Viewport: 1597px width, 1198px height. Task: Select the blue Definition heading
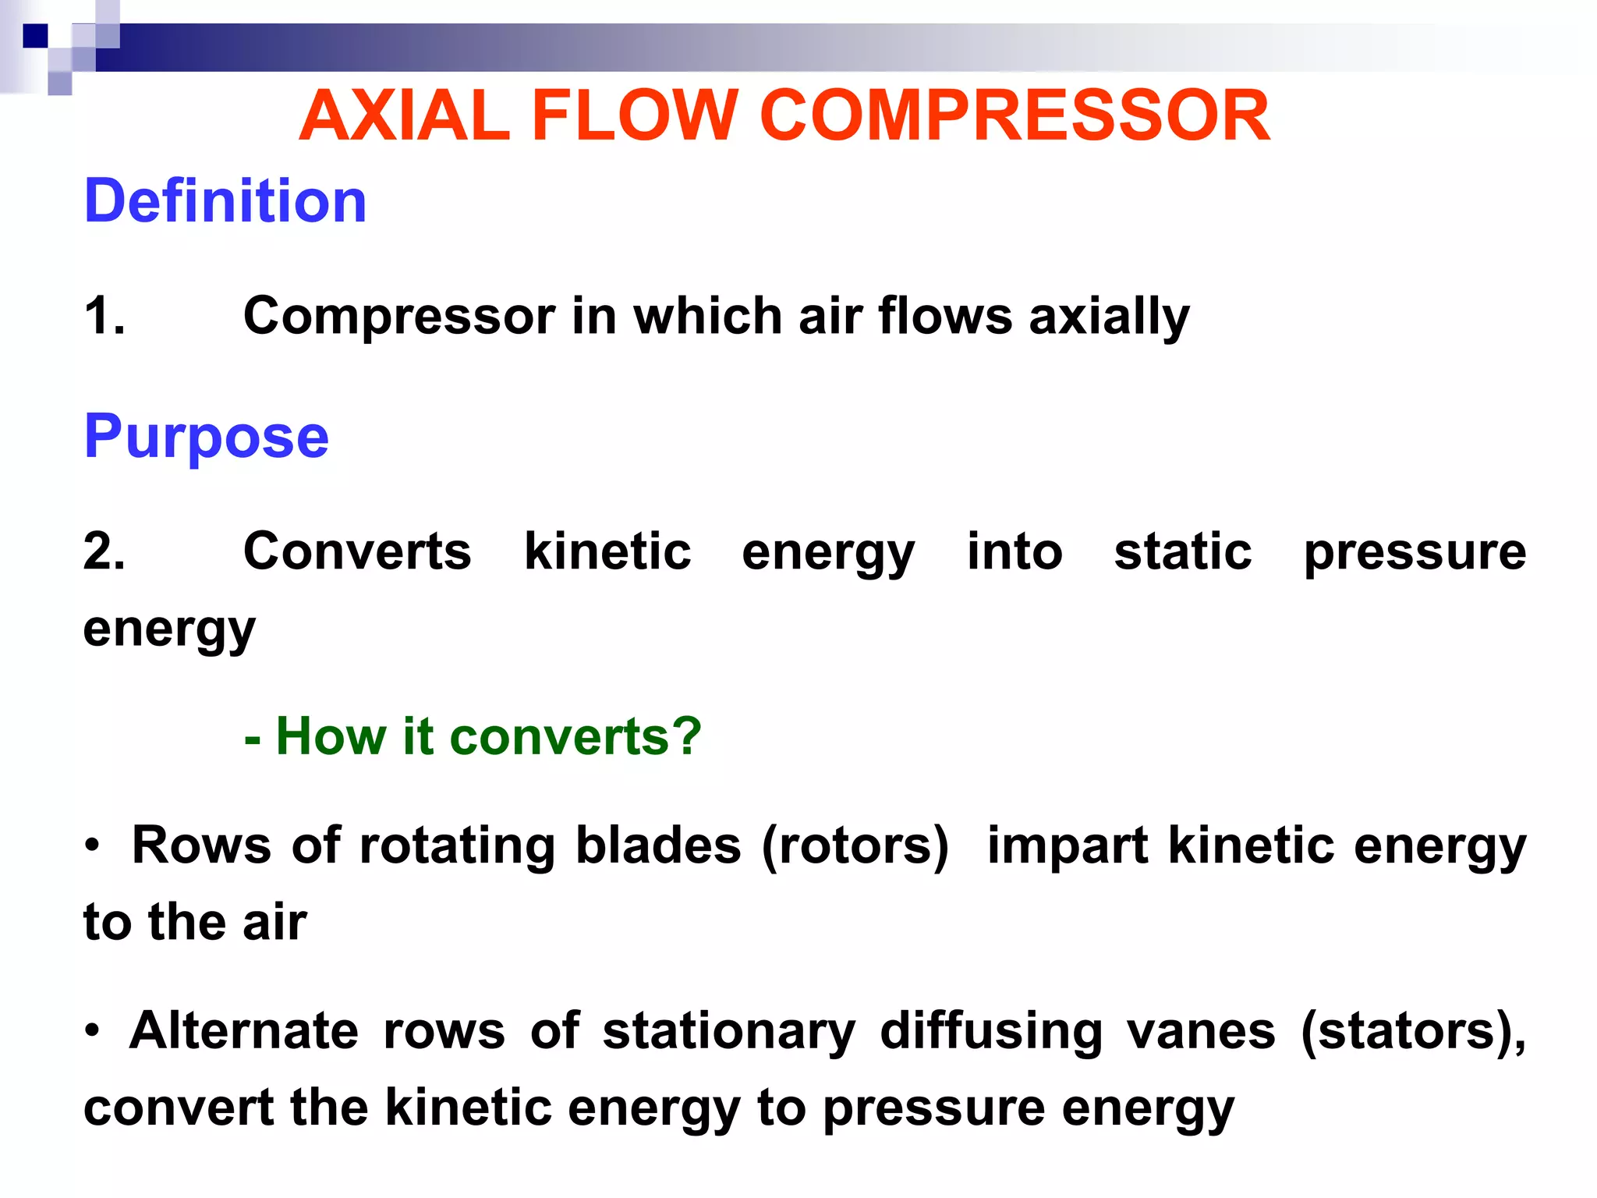(x=225, y=201)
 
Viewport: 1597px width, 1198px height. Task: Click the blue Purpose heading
(x=206, y=437)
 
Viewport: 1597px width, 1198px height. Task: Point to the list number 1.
(x=104, y=316)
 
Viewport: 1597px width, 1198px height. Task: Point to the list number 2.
(x=104, y=551)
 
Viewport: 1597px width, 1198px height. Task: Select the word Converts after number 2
(x=357, y=551)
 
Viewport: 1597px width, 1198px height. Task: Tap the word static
(x=1182, y=551)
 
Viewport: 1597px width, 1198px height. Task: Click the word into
(x=1015, y=551)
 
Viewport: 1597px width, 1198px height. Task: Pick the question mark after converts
(x=686, y=736)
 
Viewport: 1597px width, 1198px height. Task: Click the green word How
(x=331, y=736)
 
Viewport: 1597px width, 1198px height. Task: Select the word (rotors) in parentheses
(x=855, y=845)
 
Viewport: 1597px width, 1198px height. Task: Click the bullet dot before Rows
(x=93, y=845)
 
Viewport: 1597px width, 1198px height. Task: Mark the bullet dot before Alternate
(x=93, y=1031)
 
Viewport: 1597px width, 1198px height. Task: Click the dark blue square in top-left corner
(x=35, y=36)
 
